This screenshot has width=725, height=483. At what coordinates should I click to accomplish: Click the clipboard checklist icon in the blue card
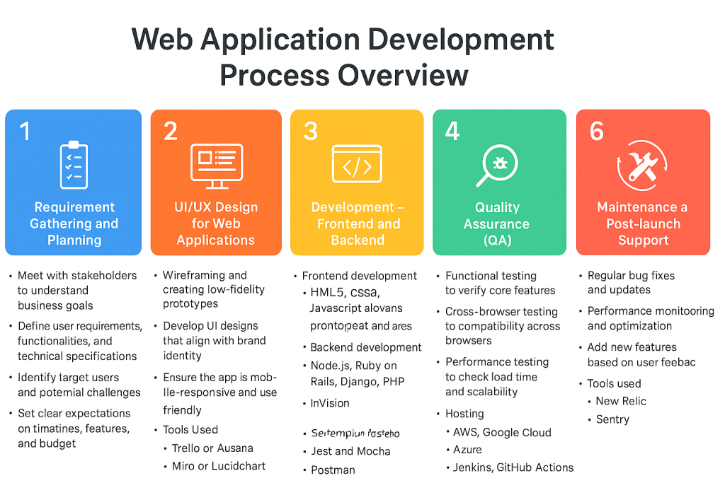[74, 165]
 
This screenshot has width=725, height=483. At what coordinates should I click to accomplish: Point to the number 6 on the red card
[597, 131]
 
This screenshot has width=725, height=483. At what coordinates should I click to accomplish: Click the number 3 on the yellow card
[311, 131]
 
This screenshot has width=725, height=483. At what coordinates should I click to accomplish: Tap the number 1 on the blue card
[25, 131]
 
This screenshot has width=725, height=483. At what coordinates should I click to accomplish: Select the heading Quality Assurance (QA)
[497, 223]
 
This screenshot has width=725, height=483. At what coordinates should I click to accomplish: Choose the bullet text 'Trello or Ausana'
[212, 448]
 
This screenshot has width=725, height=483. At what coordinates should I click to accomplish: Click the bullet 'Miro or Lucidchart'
[218, 466]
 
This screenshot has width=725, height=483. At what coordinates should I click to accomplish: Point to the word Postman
[333, 470]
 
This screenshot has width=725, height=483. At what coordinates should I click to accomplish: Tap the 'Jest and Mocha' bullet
[350, 451]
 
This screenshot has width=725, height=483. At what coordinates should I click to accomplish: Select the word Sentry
[612, 419]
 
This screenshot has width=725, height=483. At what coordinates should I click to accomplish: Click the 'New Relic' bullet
[621, 401]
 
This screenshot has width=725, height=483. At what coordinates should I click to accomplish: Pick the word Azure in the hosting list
[467, 450]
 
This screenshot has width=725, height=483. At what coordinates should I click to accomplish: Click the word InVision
[330, 403]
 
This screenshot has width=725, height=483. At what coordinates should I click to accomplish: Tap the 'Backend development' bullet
[366, 347]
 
